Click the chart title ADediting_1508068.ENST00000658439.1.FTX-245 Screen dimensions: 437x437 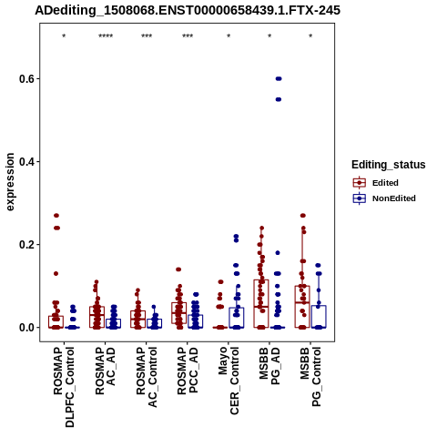188,10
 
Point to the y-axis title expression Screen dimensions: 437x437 10,182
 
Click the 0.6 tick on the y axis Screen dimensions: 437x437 25,79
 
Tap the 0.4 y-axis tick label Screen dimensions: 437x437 25,162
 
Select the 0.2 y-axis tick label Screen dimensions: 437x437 25,245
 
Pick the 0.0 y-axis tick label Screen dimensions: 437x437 25,328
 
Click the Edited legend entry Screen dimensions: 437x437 385,183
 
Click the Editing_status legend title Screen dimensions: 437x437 389,165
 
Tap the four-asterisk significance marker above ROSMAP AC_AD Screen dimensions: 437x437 106,36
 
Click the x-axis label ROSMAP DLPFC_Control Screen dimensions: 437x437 64,387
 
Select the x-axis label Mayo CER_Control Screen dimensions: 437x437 229,381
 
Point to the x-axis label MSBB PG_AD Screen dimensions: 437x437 269,366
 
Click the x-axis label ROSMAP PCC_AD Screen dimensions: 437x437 188,371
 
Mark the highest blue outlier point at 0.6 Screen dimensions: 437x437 279,79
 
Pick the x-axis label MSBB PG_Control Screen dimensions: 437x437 310,377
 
